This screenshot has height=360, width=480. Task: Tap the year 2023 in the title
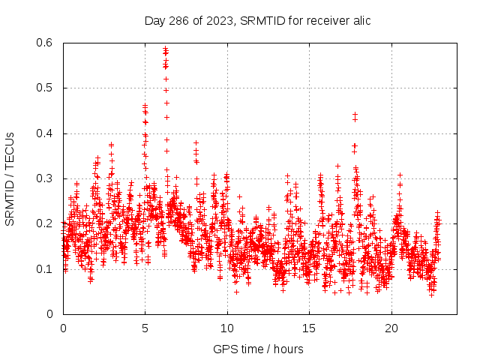pos(218,20)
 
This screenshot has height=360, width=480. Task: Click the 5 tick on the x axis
pos(145,328)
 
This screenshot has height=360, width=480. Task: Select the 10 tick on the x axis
pos(227,328)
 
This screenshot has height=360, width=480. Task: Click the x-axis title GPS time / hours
pos(258,349)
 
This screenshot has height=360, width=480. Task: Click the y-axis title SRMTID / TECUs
pos(10,178)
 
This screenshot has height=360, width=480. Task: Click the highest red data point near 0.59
pos(166,48)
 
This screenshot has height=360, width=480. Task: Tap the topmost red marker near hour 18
pos(355,115)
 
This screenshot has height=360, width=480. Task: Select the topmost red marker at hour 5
pos(145,106)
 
